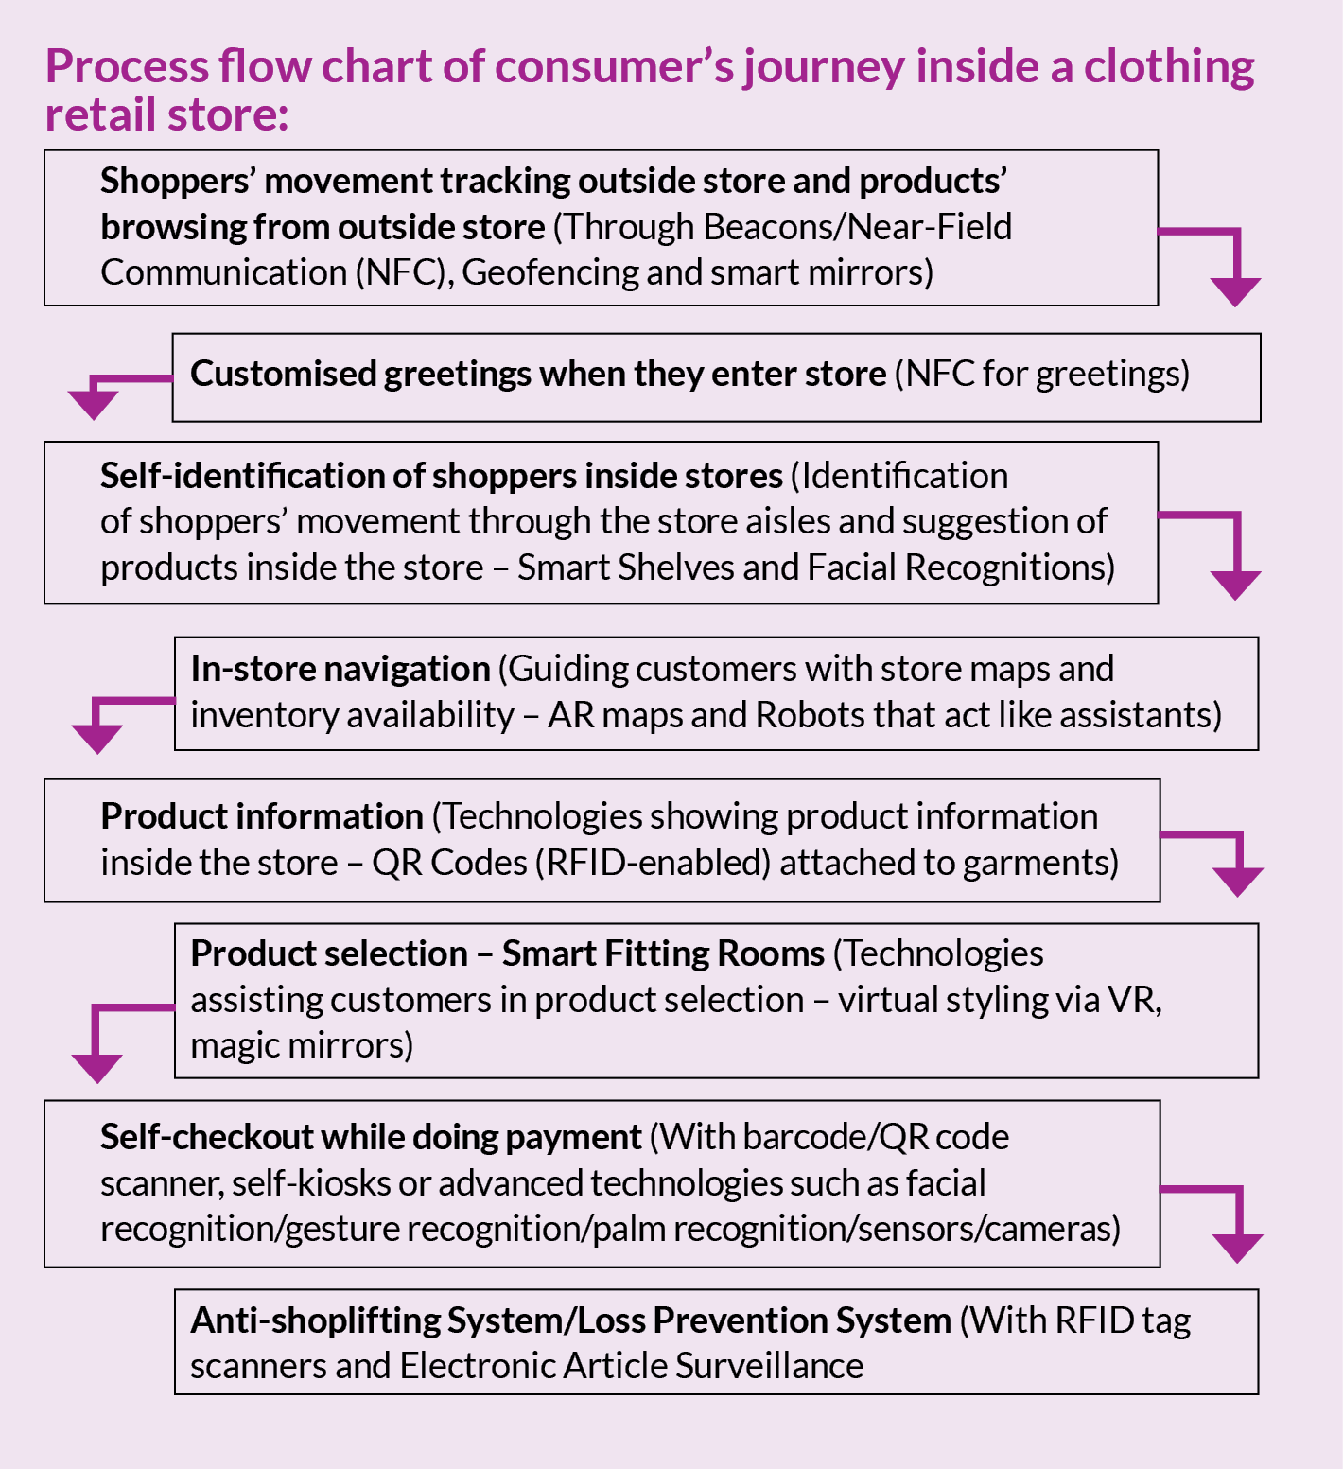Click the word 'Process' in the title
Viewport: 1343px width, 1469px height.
click(127, 67)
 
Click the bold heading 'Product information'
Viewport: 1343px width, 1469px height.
click(262, 816)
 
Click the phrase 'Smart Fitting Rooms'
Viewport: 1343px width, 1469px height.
click(663, 953)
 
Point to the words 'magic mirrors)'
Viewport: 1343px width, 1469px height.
click(302, 1045)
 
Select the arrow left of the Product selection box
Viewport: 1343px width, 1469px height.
click(99, 1045)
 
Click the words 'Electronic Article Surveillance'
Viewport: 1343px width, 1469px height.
click(631, 1366)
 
